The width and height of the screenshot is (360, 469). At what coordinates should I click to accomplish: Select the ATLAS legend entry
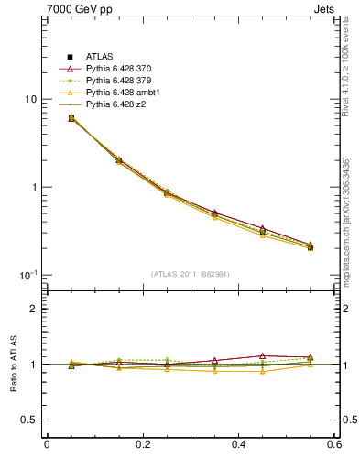(99, 58)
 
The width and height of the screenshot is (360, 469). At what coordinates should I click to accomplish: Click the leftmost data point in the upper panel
(71, 118)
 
